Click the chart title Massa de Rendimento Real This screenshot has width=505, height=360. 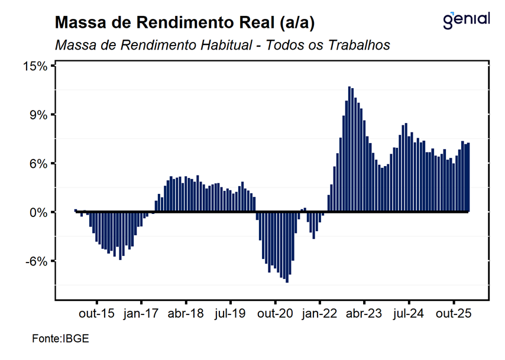pyautogui.click(x=184, y=23)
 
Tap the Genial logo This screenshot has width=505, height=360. pyautogui.click(x=466, y=20)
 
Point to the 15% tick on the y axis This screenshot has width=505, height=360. pyautogui.click(x=35, y=66)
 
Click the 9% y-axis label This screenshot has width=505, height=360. pyautogui.click(x=38, y=115)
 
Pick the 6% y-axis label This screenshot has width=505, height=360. pyautogui.click(x=38, y=164)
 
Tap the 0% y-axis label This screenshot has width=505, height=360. pyautogui.click(x=38, y=212)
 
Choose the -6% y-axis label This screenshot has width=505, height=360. pyautogui.click(x=37, y=261)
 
